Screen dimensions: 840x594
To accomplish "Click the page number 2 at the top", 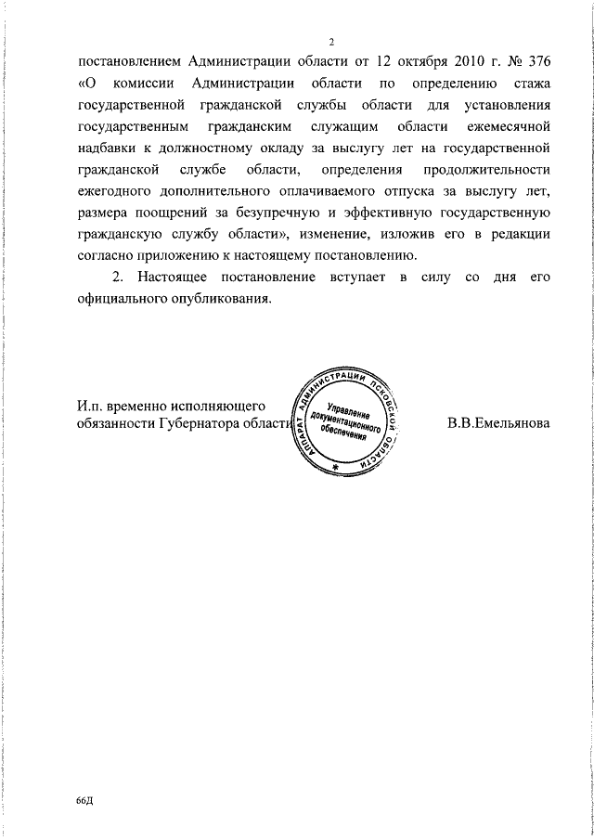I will pos(330,41).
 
